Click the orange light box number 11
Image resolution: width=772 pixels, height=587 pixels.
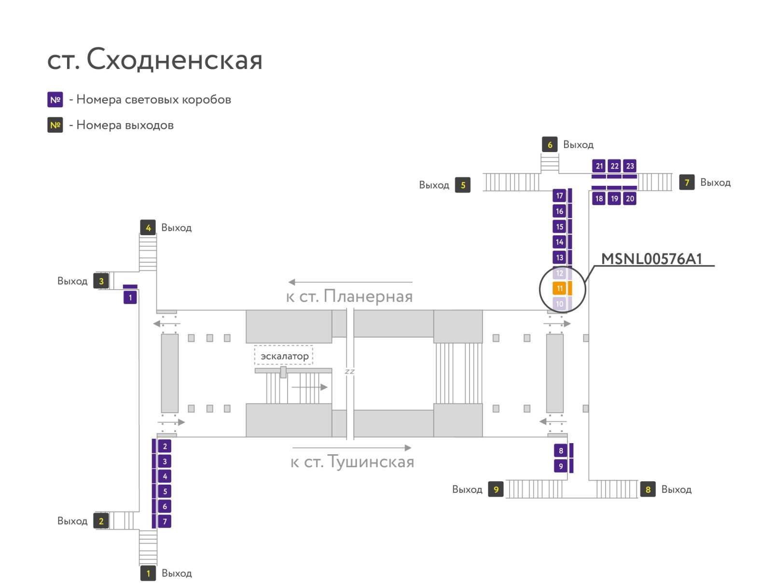[559, 288]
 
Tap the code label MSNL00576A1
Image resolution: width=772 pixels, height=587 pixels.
[651, 259]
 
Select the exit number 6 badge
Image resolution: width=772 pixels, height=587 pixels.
[550, 144]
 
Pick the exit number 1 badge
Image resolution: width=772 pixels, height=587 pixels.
[148, 573]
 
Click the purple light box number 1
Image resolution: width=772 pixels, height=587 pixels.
[130, 297]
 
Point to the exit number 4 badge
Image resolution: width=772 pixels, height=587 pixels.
[148, 227]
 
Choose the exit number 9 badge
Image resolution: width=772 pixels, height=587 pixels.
[496, 489]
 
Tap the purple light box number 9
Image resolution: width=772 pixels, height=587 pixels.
[561, 466]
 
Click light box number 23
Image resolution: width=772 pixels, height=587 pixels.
[630, 166]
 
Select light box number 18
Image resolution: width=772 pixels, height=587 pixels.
[599, 198]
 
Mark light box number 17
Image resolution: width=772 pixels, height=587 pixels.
[559, 196]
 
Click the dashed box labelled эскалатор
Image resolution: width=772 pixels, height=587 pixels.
[284, 356]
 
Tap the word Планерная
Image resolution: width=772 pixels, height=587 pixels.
[368, 296]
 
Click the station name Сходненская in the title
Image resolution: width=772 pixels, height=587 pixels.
[175, 59]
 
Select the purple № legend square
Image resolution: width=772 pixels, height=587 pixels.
[55, 99]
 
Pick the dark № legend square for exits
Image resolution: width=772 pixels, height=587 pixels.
[55, 125]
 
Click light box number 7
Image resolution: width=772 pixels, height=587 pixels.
[165, 521]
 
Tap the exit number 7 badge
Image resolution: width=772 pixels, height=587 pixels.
[687, 182]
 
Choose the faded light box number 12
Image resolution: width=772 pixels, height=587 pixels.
[559, 273]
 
